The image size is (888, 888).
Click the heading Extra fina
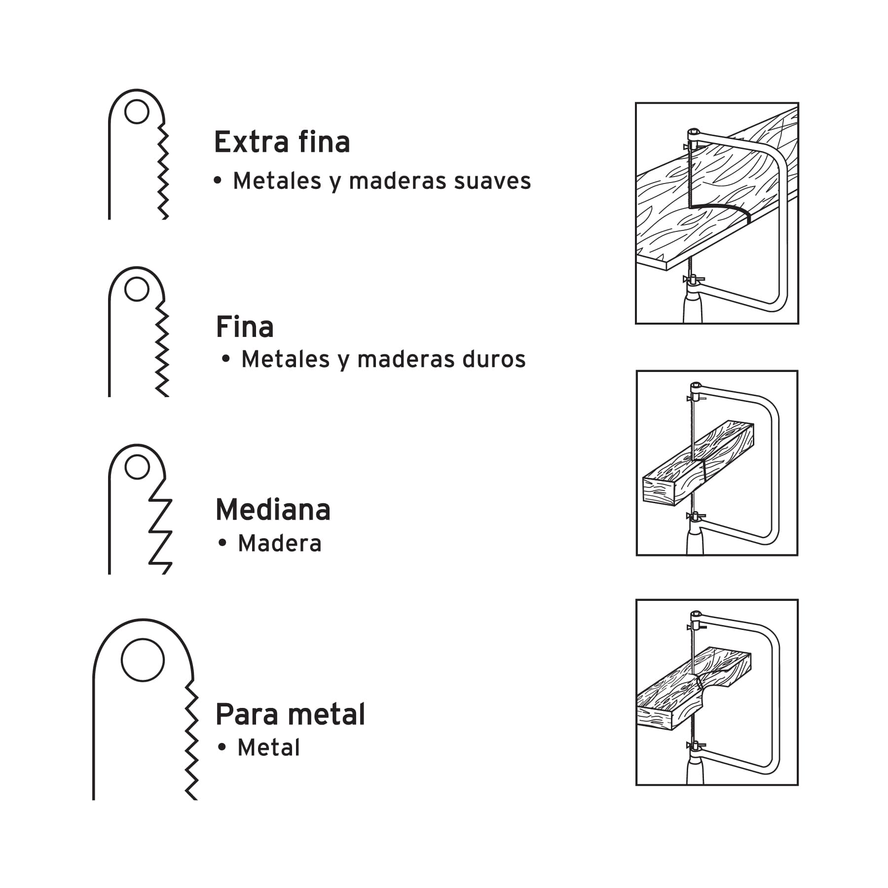(x=282, y=142)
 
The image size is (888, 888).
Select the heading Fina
(x=245, y=327)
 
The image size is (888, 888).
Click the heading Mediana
(x=273, y=510)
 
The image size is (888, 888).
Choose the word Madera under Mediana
(x=280, y=544)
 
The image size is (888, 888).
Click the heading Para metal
(x=291, y=714)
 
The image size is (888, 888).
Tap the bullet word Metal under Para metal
(x=269, y=748)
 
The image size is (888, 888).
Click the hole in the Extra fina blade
(x=137, y=111)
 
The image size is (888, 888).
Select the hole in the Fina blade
(x=137, y=289)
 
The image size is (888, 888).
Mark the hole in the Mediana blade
(x=137, y=467)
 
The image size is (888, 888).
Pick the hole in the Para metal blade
(x=143, y=660)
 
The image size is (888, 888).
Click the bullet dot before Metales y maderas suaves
(x=218, y=181)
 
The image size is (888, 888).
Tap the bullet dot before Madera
(x=222, y=543)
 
